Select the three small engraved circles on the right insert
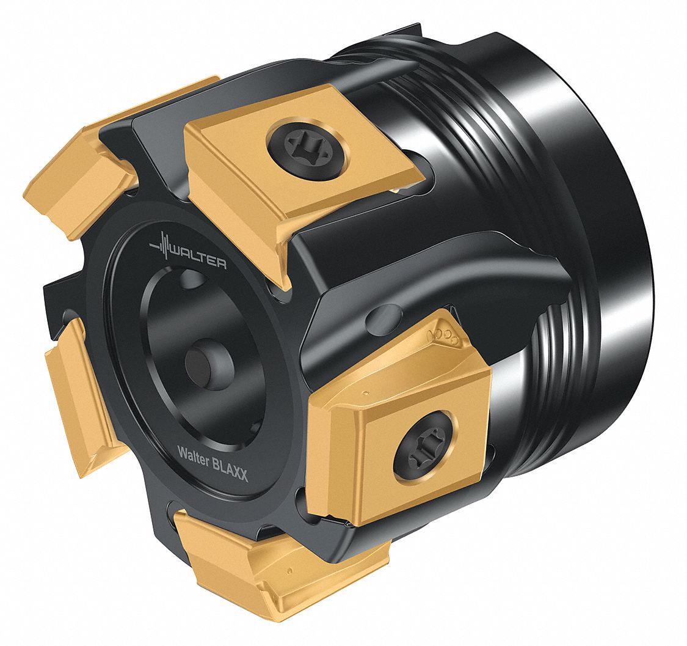[442, 336]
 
